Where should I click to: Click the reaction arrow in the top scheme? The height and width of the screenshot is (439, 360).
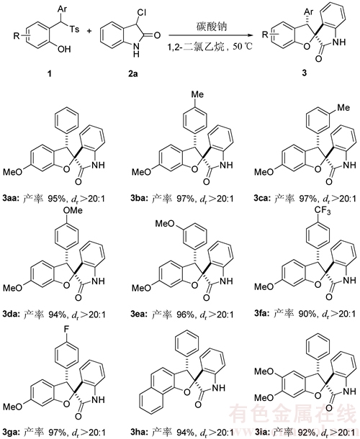[209, 35]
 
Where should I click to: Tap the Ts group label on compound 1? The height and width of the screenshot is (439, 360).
[75, 28]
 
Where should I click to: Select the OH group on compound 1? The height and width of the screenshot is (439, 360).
[64, 49]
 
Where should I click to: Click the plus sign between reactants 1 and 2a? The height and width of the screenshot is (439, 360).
[90, 30]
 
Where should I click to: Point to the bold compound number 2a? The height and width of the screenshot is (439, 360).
[132, 73]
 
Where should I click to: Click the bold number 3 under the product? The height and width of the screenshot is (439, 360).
[305, 73]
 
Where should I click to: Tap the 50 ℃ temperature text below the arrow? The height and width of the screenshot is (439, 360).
[243, 46]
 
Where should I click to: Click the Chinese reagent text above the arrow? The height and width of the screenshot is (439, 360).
[211, 27]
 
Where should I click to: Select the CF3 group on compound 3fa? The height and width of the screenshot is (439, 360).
[323, 210]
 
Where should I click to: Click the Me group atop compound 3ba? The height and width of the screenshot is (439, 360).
[197, 94]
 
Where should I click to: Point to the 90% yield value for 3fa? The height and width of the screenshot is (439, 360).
[309, 314]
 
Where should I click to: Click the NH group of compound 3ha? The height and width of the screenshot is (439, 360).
[219, 387]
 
